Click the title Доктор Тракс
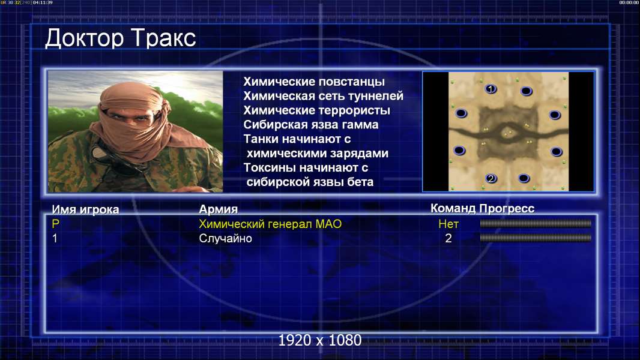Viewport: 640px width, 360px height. click(x=121, y=39)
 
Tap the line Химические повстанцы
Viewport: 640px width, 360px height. click(x=314, y=82)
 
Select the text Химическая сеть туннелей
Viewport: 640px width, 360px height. click(x=323, y=96)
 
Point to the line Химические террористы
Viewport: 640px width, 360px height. click(x=317, y=110)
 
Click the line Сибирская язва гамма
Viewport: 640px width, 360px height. click(x=311, y=125)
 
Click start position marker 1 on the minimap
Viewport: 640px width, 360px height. click(x=491, y=88)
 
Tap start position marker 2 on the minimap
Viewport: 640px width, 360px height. click(x=491, y=178)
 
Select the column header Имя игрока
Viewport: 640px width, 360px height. click(x=85, y=209)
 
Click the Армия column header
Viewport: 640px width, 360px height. click(x=219, y=209)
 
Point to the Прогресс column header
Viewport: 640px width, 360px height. click(x=507, y=208)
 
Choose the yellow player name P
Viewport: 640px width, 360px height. click(x=55, y=224)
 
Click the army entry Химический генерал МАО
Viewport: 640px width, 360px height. click(x=270, y=224)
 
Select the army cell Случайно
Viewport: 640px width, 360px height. click(x=225, y=238)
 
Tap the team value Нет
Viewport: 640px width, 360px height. click(x=448, y=224)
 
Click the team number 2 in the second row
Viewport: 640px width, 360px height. click(x=448, y=238)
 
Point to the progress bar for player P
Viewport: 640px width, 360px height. click(x=536, y=223)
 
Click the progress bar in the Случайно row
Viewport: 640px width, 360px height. click(x=536, y=238)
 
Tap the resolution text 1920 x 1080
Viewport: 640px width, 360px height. click(x=319, y=340)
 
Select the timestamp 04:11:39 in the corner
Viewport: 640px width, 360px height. click(x=43, y=2)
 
